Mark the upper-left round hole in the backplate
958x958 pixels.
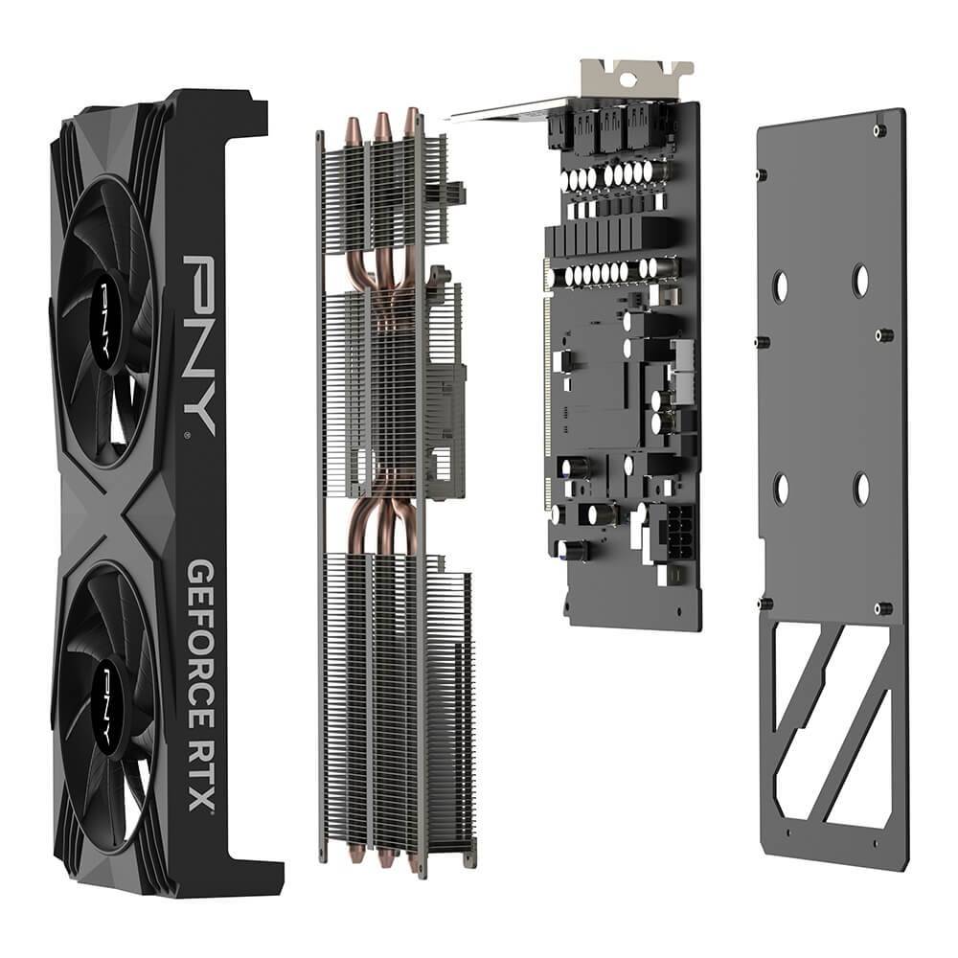[x=781, y=285]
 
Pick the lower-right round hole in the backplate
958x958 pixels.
[x=860, y=488]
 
